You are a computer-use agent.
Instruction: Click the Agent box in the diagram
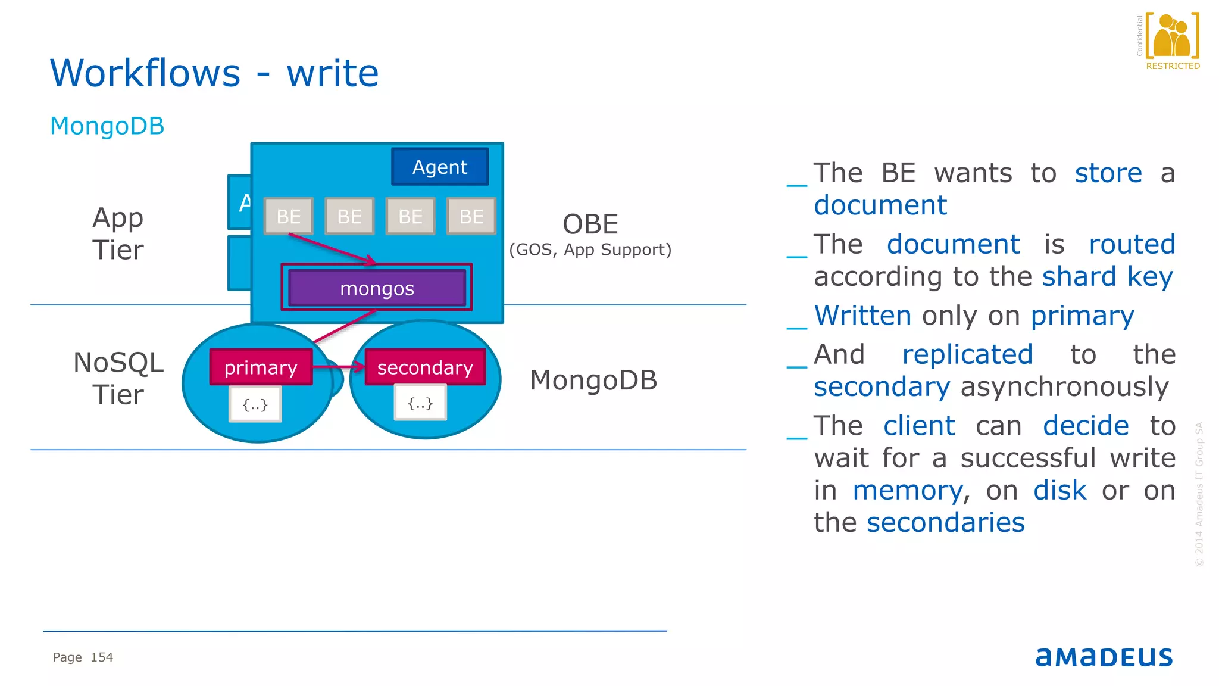point(440,167)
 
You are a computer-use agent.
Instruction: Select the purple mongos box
point(377,289)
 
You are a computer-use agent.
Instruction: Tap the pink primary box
point(261,367)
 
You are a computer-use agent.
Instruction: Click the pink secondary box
point(425,367)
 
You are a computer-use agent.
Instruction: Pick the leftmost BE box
point(289,216)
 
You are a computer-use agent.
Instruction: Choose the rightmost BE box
point(471,216)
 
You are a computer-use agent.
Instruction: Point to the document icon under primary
point(255,405)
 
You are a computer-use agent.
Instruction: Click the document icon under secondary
point(420,404)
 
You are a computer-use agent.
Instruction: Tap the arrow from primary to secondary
point(338,367)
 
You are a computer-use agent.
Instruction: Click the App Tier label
point(118,233)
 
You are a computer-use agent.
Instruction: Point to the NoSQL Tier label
point(118,378)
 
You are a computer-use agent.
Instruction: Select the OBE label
point(590,224)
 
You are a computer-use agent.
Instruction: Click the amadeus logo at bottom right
point(1104,657)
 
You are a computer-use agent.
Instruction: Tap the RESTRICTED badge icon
point(1172,39)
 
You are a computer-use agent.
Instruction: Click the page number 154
point(102,657)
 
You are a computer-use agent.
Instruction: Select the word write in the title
point(333,73)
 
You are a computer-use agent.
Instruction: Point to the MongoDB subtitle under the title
point(107,126)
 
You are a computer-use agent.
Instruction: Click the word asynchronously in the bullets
point(1064,387)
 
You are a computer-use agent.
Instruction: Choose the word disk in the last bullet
point(1059,491)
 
